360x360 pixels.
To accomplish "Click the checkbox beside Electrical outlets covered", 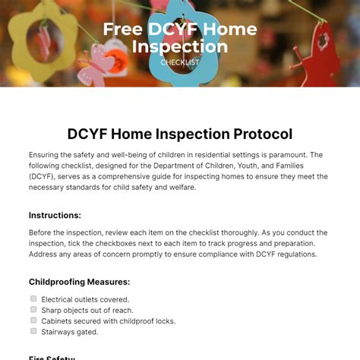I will [x=33, y=299].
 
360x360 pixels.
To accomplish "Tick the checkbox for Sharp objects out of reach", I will [x=33, y=310].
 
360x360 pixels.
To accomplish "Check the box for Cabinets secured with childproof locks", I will [x=33, y=321].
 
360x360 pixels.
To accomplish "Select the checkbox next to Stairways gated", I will [x=33, y=331].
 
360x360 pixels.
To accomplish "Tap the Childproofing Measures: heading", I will [x=79, y=282].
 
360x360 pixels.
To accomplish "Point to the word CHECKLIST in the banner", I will [x=180, y=62].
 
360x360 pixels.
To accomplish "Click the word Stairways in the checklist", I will [x=60, y=332].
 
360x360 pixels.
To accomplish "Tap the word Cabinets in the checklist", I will [x=58, y=321].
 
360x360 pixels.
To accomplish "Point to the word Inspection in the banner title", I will [x=180, y=47].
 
